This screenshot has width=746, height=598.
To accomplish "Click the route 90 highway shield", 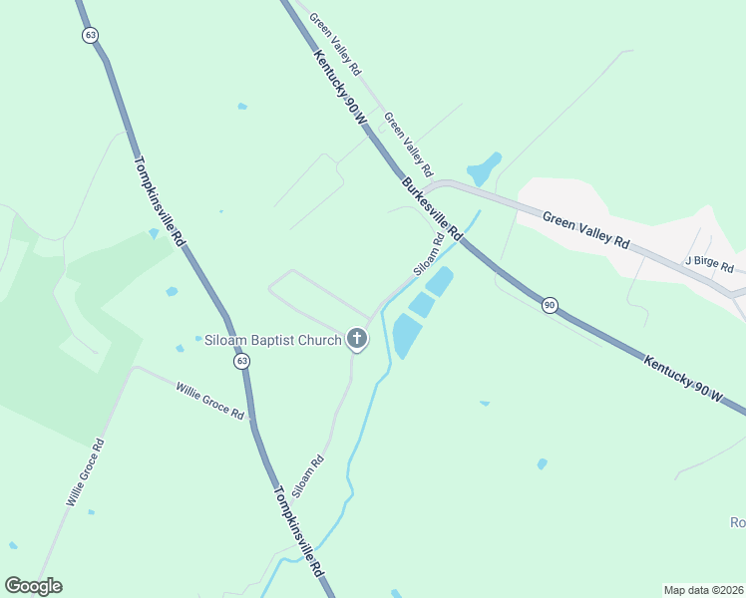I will click(x=550, y=305).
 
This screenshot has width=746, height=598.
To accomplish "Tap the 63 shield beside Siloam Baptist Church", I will click(x=241, y=362).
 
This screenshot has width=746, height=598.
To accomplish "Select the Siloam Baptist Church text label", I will click(x=271, y=340).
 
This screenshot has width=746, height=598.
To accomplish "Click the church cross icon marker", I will click(x=356, y=340).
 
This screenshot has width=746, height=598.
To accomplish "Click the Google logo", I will click(x=33, y=586).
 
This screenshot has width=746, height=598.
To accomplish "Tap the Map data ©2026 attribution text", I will click(x=703, y=589).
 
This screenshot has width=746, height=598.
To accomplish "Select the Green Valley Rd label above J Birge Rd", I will click(x=586, y=229).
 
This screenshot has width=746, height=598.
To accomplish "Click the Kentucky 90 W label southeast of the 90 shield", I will click(x=683, y=380).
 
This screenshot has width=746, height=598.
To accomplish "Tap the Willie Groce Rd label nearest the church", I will click(x=210, y=400).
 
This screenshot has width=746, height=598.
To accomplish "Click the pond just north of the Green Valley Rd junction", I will click(x=485, y=168).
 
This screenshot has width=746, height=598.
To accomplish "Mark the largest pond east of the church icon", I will click(x=404, y=336).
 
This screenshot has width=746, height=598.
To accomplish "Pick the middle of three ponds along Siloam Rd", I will click(x=421, y=304).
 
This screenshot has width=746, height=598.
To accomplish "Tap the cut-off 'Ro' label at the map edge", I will click(x=737, y=523).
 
